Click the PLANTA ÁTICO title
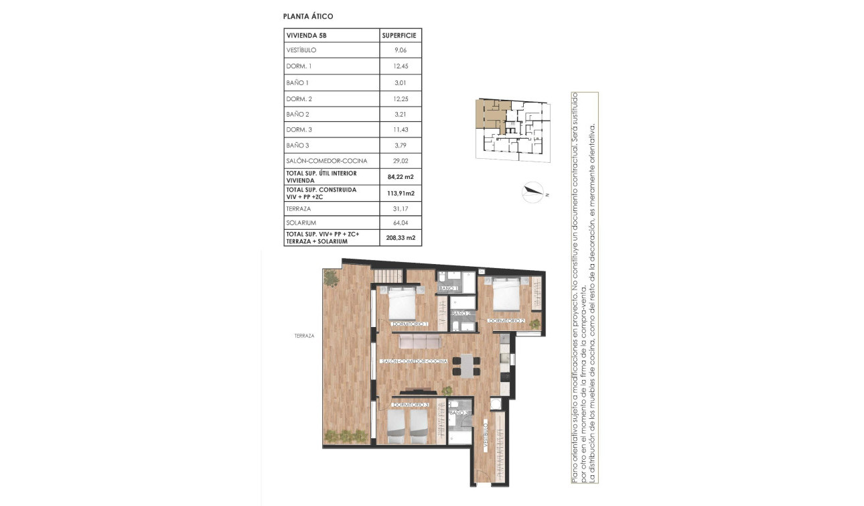tap(309, 16)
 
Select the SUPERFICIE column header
tap(401, 35)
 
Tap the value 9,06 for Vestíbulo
tap(401, 50)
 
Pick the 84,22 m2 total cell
tap(401, 177)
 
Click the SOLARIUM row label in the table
tap(301, 223)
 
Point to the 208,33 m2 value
tap(401, 237)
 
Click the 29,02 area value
tap(401, 161)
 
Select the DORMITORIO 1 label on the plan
tap(411, 324)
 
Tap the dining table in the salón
tap(466, 366)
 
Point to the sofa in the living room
tap(419, 342)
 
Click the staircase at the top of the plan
tap(388, 275)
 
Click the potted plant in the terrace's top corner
tap(332, 277)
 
